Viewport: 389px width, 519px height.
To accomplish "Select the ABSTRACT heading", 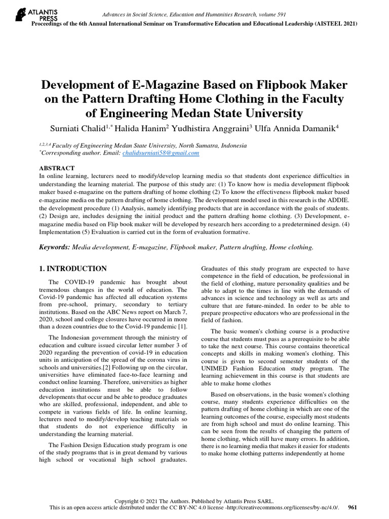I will coord(57,168).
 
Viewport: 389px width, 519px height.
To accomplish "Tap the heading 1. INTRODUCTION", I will coord(73,269).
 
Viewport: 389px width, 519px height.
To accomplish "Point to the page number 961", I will coord(353,507).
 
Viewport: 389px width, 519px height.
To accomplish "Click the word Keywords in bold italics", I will coord(55,247).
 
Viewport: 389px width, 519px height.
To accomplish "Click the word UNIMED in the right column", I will coord(217,368).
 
